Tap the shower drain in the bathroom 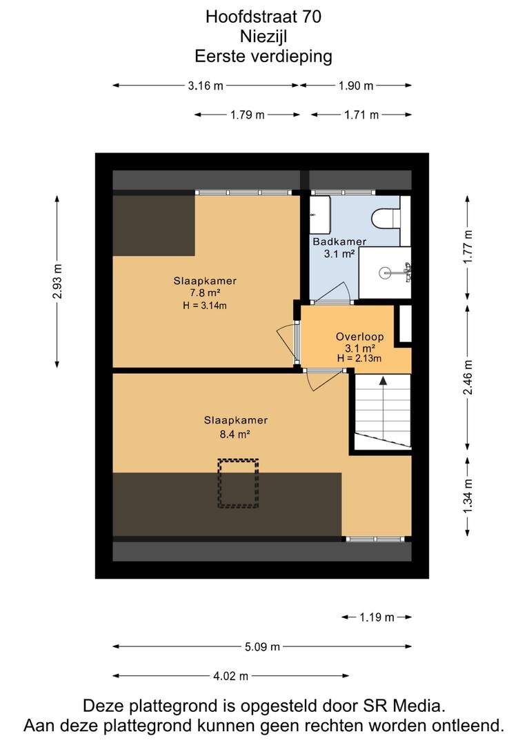point(386,272)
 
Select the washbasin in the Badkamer point(320,212)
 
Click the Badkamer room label point(339,241)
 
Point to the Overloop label point(360,337)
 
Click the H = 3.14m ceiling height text point(205,306)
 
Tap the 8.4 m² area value point(235,433)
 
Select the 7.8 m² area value point(205,293)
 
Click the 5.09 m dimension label point(262,646)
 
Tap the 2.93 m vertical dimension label point(57,281)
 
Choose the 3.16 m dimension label point(206,86)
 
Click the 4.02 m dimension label point(230,675)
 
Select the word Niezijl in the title point(263,36)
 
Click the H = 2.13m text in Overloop point(359,359)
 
